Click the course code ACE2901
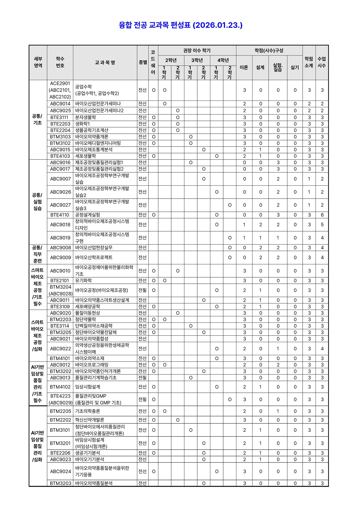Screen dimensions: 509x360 tap(60, 83)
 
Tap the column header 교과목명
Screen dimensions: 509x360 tap(105, 62)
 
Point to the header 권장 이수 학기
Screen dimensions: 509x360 tap(197, 50)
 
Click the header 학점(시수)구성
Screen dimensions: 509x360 tap(269, 50)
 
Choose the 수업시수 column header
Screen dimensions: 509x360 tap(322, 62)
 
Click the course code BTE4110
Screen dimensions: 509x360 tap(60, 215)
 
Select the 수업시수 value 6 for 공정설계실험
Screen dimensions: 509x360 tap(322, 215)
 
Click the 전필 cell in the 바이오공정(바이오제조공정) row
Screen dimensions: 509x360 tap(142, 290)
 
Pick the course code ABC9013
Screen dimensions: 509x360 tap(60, 378)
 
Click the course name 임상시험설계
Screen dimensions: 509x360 tap(87, 387)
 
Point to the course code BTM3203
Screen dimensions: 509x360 tap(60, 483)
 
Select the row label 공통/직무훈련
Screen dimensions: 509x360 tap(38, 254)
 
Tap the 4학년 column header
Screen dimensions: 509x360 tap(223, 60)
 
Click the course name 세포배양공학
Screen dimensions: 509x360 tap(87, 306)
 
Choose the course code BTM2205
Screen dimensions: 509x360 tap(60, 411)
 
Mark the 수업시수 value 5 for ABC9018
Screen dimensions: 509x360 tap(322, 225)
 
